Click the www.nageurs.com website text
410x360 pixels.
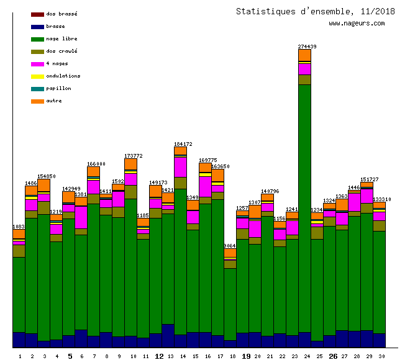[x=357, y=24]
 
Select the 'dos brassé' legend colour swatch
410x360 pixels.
[x=37, y=14]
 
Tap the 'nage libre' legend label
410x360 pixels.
[x=61, y=38]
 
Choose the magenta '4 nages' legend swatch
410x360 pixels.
[x=37, y=64]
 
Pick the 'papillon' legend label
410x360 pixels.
[x=58, y=88]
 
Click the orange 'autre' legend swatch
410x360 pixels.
[x=37, y=101]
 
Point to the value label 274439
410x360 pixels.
[x=307, y=47]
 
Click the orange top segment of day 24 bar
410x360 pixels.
[x=304, y=56]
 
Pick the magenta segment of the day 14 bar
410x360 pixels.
[x=180, y=167]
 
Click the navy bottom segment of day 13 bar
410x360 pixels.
[x=168, y=336]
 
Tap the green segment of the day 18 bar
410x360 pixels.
[x=230, y=304]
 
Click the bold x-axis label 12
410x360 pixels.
[x=159, y=356]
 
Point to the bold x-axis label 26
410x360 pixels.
[x=333, y=356]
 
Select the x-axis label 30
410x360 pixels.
[x=381, y=356]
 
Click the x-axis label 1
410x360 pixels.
[x=20, y=356]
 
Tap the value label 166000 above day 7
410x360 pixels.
[x=96, y=164]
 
